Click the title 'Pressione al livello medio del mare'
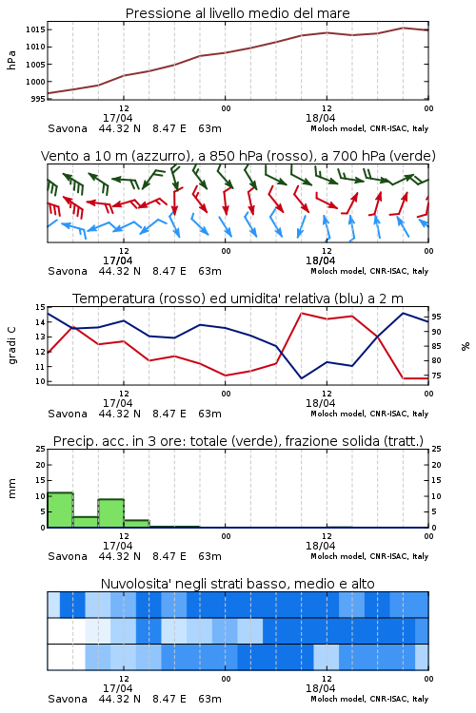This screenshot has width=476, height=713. [237, 13]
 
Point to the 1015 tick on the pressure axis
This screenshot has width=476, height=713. [35, 29]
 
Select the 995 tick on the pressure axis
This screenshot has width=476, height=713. [38, 99]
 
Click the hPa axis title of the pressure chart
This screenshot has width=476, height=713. [11, 60]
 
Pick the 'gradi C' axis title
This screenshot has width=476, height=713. [11, 345]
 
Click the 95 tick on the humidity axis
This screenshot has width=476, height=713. [436, 317]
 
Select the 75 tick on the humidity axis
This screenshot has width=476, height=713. [436, 376]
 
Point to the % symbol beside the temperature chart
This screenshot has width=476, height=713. [466, 346]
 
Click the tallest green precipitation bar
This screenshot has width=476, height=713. [60, 510]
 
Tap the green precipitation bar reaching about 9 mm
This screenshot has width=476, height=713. [111, 513]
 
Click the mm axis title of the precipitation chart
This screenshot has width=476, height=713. [11, 489]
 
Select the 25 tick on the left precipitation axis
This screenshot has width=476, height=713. [41, 450]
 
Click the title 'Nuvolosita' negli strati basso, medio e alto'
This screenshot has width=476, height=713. [237, 584]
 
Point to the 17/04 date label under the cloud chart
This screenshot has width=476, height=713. [117, 688]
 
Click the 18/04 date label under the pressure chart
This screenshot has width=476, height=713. [320, 118]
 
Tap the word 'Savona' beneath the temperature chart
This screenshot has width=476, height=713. [68, 414]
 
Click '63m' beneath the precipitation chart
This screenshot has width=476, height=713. [209, 556]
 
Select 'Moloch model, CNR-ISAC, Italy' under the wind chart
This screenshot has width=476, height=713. [369, 272]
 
